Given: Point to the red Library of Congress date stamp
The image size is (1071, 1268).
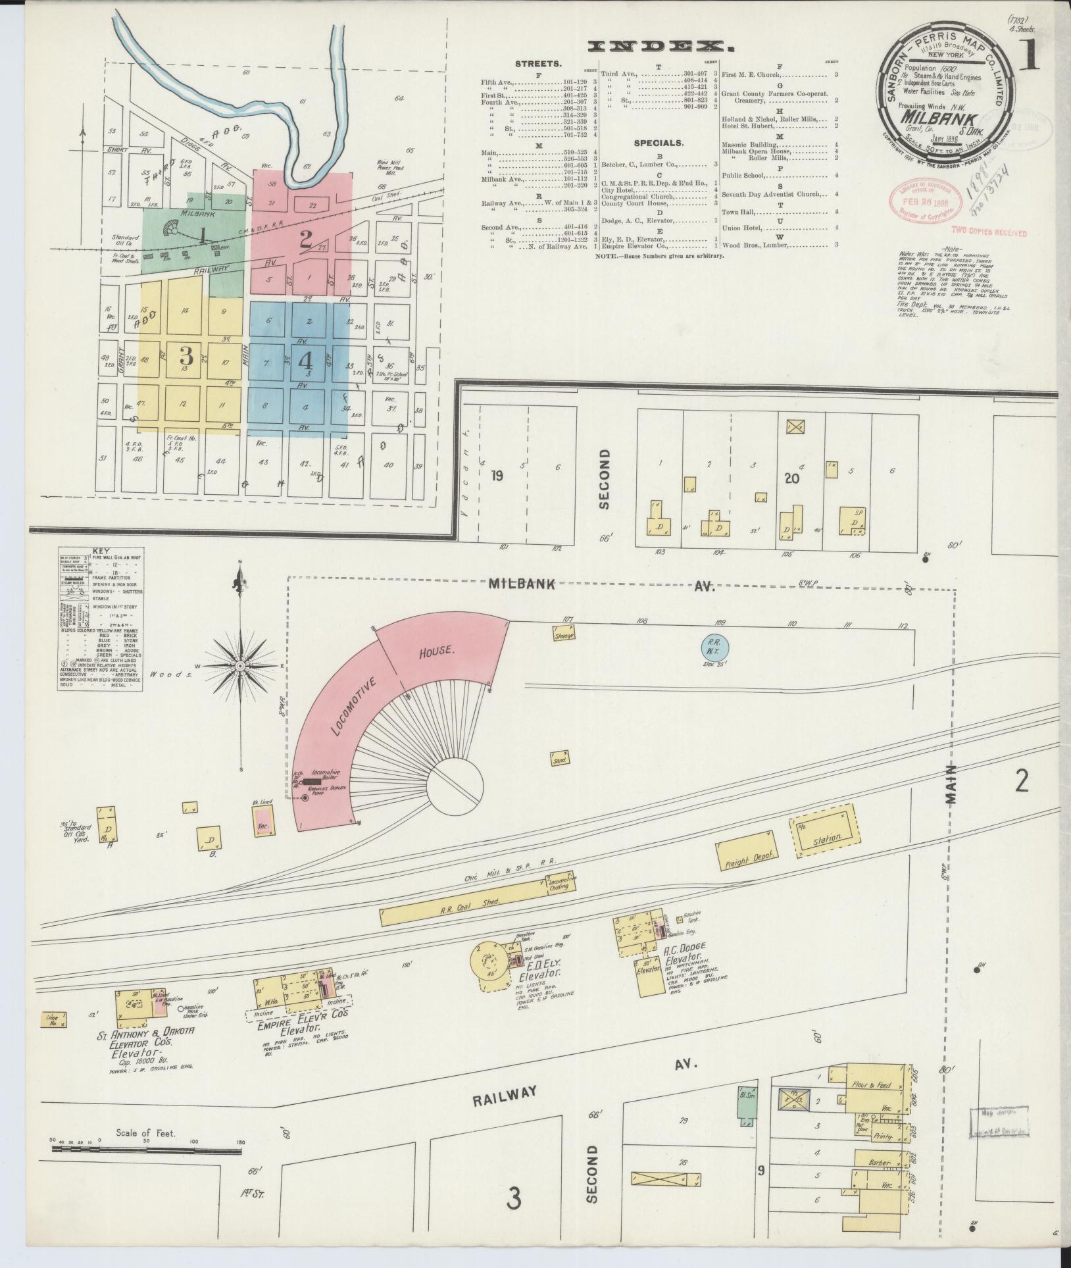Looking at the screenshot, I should [921, 201].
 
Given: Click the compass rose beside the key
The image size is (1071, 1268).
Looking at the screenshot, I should [241, 666].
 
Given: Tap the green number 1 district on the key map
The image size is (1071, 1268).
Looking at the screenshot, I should [204, 235].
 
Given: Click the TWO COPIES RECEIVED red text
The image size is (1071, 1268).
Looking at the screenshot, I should [988, 232].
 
